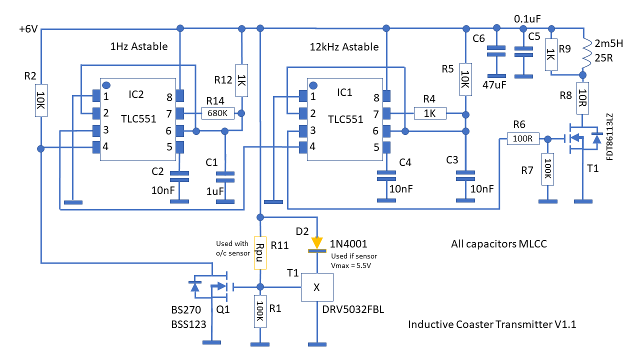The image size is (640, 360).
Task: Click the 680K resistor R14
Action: (218, 113)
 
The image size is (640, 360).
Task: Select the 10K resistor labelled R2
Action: (41, 100)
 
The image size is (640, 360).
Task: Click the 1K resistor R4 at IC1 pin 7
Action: (430, 113)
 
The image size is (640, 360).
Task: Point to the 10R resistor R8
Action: (582, 102)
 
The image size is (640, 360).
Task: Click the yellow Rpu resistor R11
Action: (259, 252)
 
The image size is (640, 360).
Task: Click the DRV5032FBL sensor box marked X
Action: (316, 287)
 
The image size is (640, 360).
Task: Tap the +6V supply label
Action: (28, 29)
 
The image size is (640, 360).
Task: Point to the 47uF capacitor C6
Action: (496, 51)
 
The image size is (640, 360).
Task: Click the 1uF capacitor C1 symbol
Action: (225, 176)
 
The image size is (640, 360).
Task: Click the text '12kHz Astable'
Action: (344, 47)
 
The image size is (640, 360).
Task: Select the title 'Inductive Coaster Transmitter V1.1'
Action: (492, 324)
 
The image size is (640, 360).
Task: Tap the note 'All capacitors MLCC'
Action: (498, 244)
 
